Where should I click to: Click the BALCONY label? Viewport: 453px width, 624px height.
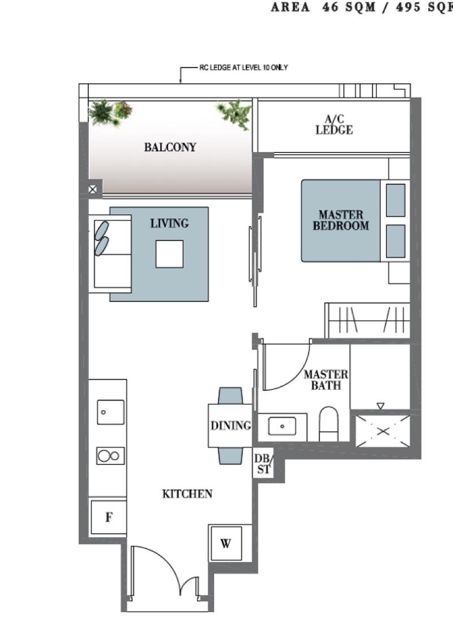tap(170, 147)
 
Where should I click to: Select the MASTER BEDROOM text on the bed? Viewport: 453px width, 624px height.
tap(340, 220)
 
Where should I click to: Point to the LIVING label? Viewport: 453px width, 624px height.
tap(169, 224)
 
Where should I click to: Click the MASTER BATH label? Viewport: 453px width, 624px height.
tap(326, 380)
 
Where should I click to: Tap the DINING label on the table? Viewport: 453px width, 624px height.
tap(230, 425)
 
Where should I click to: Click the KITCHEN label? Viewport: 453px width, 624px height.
tap(187, 494)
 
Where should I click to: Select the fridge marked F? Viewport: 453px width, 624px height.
tap(108, 517)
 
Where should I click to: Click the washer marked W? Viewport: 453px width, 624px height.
tap(225, 543)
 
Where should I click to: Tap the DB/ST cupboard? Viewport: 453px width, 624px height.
tap(263, 463)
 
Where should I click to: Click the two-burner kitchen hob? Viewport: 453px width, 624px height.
tap(110, 456)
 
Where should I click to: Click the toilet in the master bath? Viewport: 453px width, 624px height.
tap(328, 424)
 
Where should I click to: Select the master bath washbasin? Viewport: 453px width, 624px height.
tap(284, 426)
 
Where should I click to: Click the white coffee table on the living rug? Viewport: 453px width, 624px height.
tap(169, 254)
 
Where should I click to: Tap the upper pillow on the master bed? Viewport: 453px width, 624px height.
tap(395, 200)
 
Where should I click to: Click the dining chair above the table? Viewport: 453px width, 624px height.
tap(230, 395)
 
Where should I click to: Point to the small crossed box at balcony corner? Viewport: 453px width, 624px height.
tap(93, 189)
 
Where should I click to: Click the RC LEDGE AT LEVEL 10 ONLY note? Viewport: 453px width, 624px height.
tap(243, 68)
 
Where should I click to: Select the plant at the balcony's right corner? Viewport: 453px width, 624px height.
tap(235, 113)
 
